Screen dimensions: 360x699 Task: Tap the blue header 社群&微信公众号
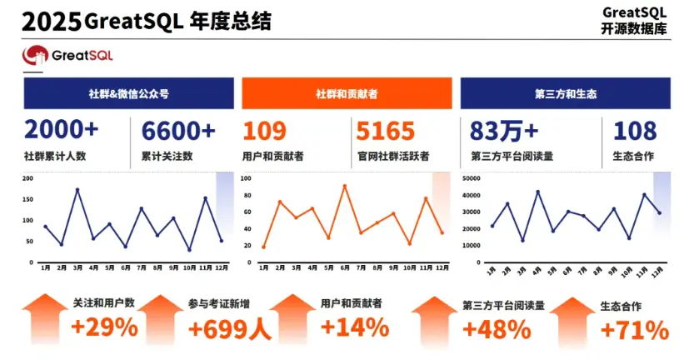(129, 93)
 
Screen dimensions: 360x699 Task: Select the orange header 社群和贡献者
(347, 93)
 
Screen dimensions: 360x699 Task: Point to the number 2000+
(61, 131)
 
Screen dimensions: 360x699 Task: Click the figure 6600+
(178, 131)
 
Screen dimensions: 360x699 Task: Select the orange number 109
(264, 131)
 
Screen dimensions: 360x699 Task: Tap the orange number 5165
(384, 131)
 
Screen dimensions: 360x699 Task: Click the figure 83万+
(504, 131)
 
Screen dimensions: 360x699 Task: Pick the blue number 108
(635, 131)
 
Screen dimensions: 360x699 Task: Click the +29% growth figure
(104, 327)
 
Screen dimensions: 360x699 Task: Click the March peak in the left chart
(77, 190)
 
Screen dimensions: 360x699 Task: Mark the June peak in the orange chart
(344, 186)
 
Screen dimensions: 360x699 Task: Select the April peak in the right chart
(537, 192)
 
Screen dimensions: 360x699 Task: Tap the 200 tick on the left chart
(27, 178)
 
